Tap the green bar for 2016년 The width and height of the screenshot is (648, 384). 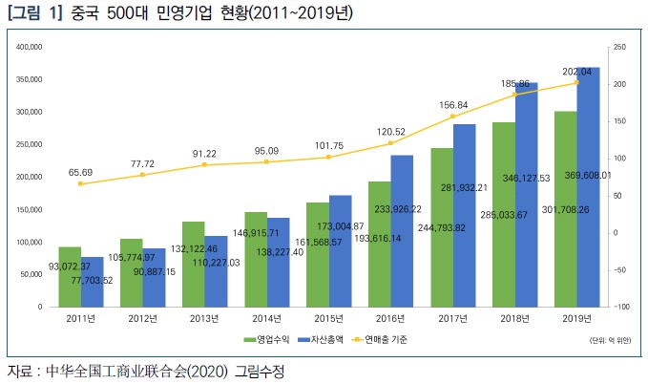[x=379, y=244]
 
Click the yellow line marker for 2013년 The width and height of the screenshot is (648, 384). [x=204, y=165]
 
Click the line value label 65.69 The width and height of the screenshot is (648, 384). [x=80, y=172]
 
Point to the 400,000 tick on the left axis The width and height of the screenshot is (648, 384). [x=31, y=46]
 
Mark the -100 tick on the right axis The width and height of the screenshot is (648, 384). [x=617, y=307]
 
